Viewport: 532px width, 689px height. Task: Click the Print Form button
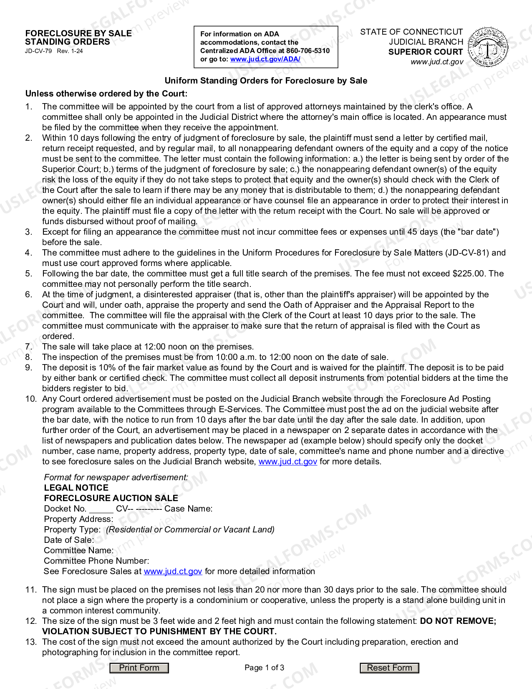coord(139,668)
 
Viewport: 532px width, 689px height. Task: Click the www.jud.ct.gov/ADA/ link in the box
coord(265,59)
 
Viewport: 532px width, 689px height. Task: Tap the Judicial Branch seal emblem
coord(488,47)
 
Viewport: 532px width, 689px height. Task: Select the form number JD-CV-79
coord(38,51)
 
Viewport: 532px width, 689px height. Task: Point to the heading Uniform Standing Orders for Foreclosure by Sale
coord(266,81)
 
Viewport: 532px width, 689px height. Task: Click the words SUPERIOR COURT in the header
coord(425,52)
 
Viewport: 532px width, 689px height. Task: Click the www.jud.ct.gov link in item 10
coord(287,461)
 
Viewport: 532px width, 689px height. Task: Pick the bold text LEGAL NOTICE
coord(76,488)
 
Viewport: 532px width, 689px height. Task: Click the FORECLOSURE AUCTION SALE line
coord(111,498)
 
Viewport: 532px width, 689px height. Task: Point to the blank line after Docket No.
coord(101,509)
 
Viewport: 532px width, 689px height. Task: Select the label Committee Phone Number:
coord(96,561)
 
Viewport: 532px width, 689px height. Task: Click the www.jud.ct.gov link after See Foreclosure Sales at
coord(173,571)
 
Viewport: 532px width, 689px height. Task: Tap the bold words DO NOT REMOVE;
coord(458,621)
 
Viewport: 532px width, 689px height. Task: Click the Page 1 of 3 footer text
coord(264,668)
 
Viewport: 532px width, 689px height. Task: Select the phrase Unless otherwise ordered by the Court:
coord(106,94)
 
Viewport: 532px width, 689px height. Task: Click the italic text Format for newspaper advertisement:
coord(116,477)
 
